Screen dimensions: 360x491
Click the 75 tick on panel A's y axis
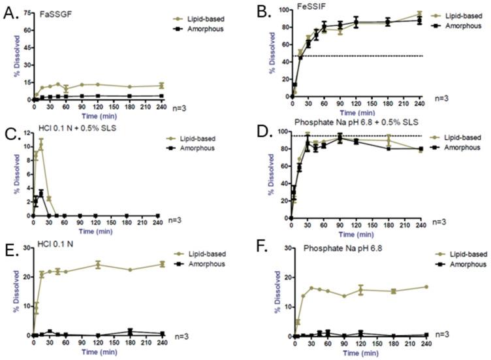pos(24,12)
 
